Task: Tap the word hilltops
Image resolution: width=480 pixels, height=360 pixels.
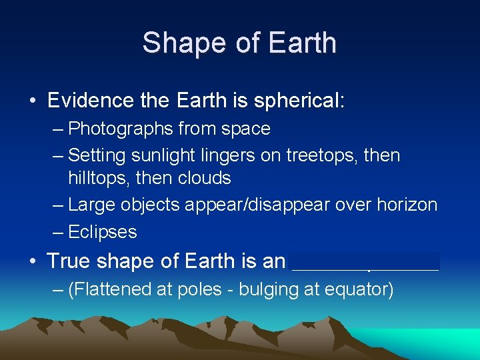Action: [95, 178]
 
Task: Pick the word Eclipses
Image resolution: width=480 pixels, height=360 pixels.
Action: [103, 232]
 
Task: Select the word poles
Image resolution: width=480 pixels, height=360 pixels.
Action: [189, 290]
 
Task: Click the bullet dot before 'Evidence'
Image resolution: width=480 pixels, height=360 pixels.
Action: [33, 101]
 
